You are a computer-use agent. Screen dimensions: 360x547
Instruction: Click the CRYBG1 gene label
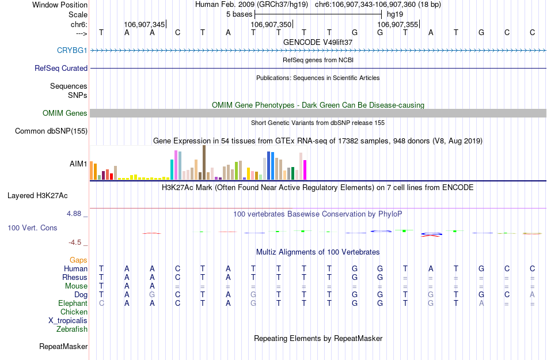coord(72,50)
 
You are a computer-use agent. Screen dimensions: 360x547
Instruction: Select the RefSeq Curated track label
coord(61,68)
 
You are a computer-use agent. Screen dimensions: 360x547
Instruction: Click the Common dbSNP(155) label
coord(51,131)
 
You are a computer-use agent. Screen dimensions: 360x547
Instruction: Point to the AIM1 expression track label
coord(78,164)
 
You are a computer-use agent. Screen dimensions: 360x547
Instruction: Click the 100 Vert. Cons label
coord(32,228)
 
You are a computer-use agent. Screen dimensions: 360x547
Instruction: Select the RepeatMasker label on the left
coord(63,347)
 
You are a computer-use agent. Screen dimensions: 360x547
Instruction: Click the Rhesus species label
coord(75,278)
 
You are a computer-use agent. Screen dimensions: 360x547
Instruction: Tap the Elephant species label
coord(73,304)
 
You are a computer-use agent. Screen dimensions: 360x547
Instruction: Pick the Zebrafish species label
coord(72,329)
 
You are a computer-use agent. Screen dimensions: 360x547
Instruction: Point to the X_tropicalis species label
coord(68,321)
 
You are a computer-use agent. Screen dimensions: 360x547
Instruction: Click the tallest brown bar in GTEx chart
coord(204,162)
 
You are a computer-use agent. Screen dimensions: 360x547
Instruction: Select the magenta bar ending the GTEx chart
coord(305,169)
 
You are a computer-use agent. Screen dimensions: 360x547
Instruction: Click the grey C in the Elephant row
coord(101,304)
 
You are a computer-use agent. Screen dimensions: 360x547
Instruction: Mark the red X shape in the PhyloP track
coord(431,234)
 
